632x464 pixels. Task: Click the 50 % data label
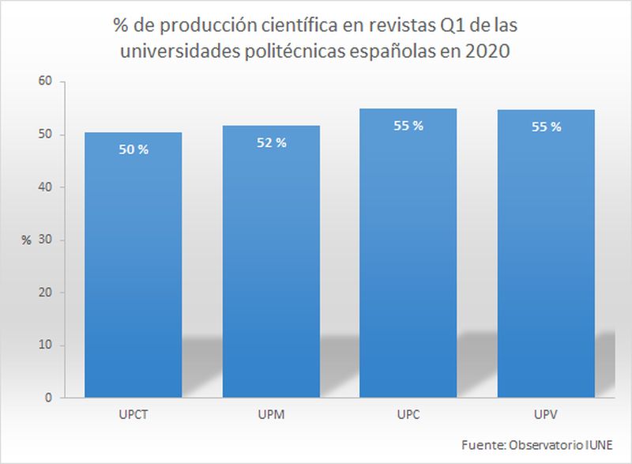point(133,149)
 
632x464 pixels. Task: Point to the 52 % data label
point(271,142)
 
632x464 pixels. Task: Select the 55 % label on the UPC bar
point(408,125)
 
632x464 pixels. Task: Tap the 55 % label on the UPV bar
point(546,126)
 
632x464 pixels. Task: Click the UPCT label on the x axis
point(133,414)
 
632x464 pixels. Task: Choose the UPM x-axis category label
point(271,414)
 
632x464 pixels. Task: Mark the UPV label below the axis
point(546,414)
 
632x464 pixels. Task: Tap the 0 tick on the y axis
point(48,398)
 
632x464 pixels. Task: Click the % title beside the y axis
point(26,240)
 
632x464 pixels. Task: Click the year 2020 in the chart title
point(491,53)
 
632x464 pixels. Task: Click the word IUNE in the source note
point(597,445)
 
